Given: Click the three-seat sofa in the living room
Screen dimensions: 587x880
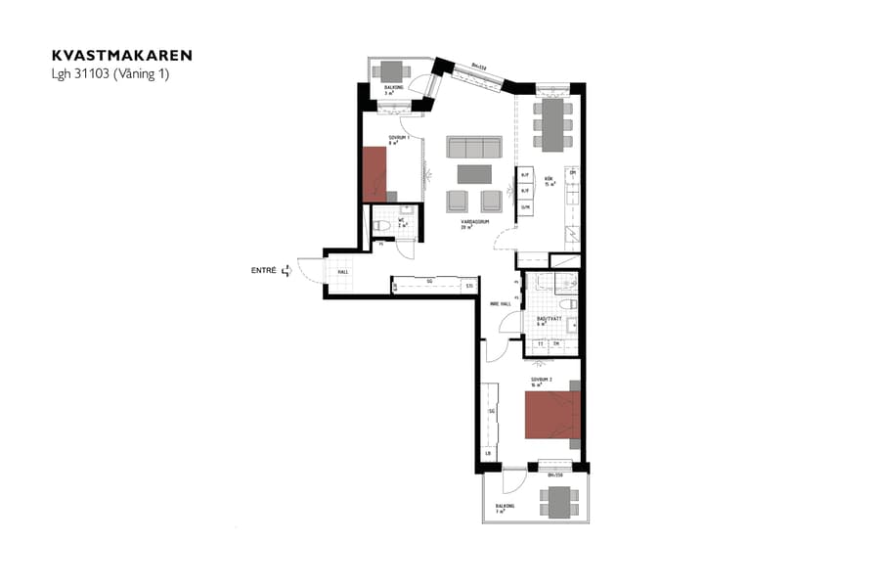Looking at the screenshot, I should click(473, 147).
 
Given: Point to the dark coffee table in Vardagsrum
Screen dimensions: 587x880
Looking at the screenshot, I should click(474, 174).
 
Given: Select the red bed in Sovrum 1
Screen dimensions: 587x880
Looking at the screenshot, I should click(374, 174).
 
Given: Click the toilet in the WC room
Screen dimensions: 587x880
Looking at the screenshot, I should click(383, 227).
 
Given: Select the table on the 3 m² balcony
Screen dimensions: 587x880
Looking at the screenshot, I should click(393, 71).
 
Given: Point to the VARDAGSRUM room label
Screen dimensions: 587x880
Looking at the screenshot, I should click(475, 222).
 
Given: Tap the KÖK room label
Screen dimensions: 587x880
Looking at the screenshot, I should click(550, 179).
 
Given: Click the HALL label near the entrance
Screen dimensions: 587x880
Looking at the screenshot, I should click(343, 272).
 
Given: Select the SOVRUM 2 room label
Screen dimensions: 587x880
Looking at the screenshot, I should click(542, 379).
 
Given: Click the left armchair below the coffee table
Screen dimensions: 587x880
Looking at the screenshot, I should click(458, 201).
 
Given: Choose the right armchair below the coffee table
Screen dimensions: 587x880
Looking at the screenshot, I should click(491, 201).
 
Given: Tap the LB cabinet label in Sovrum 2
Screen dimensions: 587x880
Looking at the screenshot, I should click(487, 454).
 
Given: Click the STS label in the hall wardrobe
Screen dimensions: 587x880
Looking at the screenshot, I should click(469, 286).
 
